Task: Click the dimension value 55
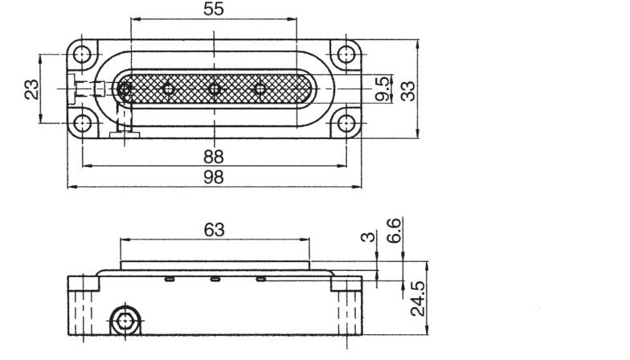click(213, 9)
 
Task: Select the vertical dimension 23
click(31, 88)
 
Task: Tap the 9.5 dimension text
click(385, 87)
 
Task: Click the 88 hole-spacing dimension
click(213, 156)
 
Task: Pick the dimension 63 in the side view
click(213, 231)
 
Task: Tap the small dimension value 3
click(367, 239)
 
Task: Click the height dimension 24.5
click(418, 299)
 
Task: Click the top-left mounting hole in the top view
click(81, 55)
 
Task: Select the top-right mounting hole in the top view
click(346, 55)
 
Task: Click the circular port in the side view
click(124, 322)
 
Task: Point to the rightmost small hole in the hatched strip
click(260, 88)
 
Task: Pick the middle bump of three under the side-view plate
click(215, 279)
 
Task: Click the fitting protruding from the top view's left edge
click(72, 88)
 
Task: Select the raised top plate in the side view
click(215, 266)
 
